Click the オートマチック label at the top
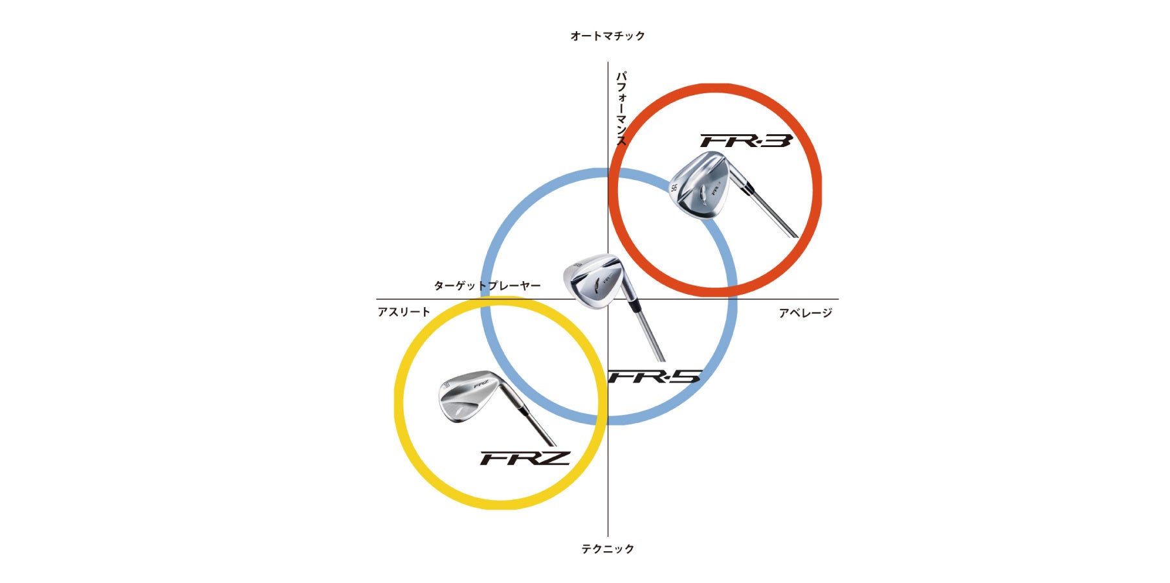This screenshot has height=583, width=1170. pos(607,36)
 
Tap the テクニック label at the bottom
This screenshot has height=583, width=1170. pos(607,549)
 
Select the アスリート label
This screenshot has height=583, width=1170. pos(404,312)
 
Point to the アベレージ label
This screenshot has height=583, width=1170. pos(805,314)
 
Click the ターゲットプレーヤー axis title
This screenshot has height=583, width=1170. pos(487,286)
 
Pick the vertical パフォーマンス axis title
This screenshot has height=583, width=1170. pos(621,108)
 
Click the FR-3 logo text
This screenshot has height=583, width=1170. pos(745,141)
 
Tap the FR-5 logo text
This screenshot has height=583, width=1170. pos(655,376)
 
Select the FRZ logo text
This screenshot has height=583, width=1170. pos(524,458)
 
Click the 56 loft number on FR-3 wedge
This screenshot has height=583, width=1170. pos(674,189)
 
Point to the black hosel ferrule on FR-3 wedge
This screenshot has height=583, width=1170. pos(748,188)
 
